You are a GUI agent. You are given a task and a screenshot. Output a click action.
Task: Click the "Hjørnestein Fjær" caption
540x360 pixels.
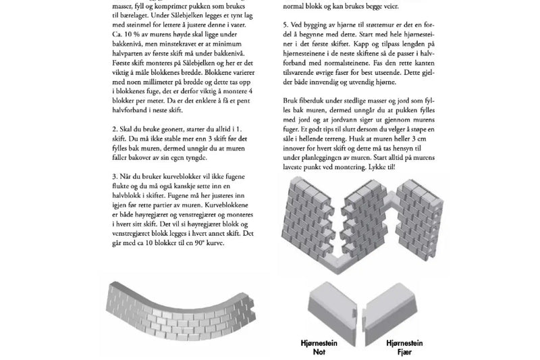click(406, 348)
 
